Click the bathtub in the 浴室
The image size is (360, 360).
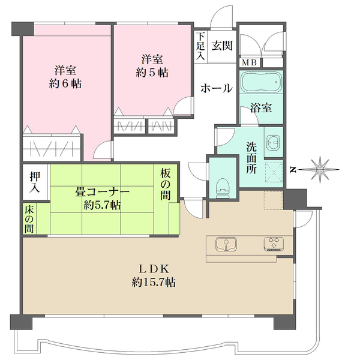(261, 82)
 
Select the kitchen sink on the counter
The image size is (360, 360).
(226, 244)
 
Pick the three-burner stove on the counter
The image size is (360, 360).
(274, 243)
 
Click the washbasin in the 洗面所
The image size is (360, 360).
(274, 142)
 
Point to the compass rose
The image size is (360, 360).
(320, 169)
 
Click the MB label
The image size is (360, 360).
(249, 62)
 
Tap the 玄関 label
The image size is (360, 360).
(222, 46)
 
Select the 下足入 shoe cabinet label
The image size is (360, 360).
(200, 46)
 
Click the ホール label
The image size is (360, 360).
(217, 88)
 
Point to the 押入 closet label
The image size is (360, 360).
(35, 182)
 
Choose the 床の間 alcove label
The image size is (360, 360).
(29, 220)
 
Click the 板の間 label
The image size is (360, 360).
(165, 185)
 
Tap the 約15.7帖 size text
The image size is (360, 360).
(154, 282)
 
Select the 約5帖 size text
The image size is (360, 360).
(152, 73)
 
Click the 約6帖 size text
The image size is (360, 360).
(65, 84)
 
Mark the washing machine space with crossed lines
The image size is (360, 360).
(274, 172)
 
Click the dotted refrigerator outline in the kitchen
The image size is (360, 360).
(273, 200)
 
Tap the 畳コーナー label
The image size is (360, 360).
(103, 192)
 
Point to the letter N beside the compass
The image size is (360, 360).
(292, 170)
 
